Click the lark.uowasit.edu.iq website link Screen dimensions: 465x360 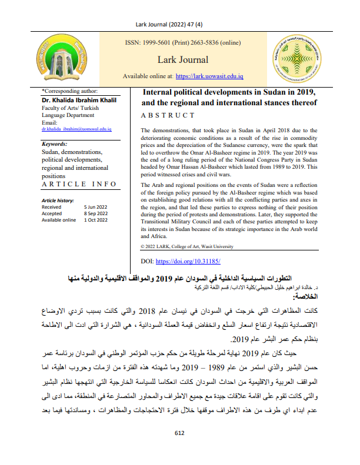210,76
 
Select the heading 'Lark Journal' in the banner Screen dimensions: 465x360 183,59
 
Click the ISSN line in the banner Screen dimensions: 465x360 183,42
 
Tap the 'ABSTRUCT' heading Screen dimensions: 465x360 167,115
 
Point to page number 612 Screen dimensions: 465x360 180,450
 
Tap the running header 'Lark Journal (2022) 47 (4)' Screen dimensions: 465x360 180,24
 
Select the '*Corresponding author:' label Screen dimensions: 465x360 70,91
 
